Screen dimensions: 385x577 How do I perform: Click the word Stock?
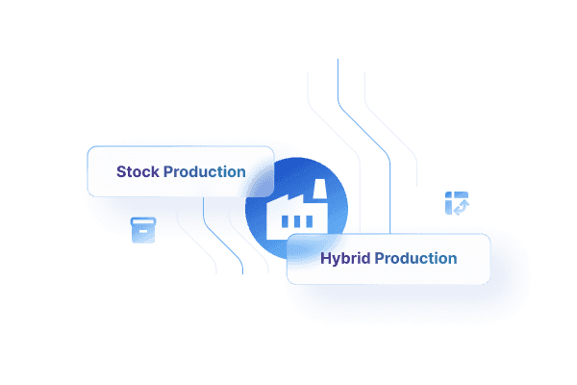click(138, 172)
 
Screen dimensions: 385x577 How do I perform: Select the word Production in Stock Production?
click(204, 172)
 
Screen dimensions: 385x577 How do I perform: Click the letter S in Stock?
click(121, 172)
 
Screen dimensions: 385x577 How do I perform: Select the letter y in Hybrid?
click(337, 260)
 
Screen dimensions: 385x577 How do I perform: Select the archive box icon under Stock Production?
click(142, 229)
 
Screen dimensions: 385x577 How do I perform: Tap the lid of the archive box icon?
click(142, 221)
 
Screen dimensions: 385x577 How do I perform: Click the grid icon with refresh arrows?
click(456, 202)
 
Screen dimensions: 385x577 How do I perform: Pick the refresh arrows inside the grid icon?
click(461, 206)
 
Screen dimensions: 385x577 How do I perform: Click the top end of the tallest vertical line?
click(338, 60)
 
